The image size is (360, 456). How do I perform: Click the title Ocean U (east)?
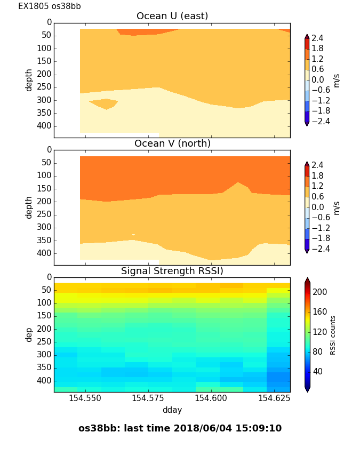click(172, 16)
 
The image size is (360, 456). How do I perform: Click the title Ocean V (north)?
click(172, 143)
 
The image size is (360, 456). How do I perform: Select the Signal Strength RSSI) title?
click(172, 271)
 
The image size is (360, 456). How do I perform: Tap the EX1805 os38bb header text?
click(50, 6)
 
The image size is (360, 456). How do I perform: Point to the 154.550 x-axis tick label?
click(85, 398)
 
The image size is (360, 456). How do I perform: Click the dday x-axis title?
click(172, 410)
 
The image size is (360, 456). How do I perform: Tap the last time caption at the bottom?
click(180, 428)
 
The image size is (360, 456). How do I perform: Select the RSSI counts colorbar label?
click(333, 334)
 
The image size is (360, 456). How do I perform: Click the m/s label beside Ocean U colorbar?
click(336, 80)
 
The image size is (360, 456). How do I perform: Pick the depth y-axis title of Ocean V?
click(29, 207)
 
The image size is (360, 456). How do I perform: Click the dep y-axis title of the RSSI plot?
click(29, 334)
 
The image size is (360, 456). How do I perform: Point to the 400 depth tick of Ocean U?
click(45, 126)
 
